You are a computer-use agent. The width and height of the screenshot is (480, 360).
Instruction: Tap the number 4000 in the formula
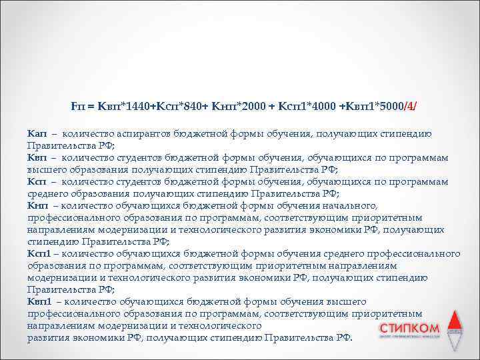[323, 106]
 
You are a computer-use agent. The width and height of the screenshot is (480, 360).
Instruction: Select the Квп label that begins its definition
[36, 158]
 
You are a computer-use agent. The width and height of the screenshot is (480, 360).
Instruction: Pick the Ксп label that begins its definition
[36, 182]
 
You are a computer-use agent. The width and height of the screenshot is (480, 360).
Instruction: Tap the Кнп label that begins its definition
[37, 206]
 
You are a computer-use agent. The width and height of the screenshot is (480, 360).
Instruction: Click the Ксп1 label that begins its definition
[39, 254]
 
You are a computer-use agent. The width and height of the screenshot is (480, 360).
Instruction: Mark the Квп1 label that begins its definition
[39, 302]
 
